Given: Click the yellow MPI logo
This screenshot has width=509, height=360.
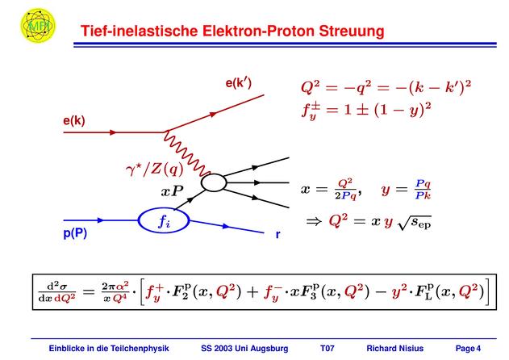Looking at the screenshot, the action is coord(38,25).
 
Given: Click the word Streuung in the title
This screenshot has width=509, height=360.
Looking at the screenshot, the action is coord(352,31).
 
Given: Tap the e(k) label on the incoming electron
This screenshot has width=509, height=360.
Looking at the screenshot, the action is coord(74,120).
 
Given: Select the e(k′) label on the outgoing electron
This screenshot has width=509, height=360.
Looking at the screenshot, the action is coord(239,83).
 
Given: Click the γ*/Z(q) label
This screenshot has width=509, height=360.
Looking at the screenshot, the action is coord(155,170).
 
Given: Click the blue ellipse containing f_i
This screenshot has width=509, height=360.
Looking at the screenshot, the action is coord(164,220).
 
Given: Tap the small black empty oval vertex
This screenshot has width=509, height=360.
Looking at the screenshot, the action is coord(214,182).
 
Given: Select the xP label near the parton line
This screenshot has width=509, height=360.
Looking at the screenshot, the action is coord(172,191).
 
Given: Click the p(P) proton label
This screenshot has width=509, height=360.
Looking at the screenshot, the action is coord(75,233).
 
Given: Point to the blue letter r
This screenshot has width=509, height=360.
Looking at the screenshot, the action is coord(277,234).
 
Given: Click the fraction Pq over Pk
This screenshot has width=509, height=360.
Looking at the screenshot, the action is coord(423,190).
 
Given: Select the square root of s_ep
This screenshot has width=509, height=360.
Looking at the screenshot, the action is coord(415,223).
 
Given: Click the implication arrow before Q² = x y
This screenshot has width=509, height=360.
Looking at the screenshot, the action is coord(314,222).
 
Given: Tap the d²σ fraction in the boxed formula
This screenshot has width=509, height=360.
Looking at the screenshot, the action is coord(57,292).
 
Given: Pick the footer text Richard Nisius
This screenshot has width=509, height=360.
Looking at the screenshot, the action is coord(395,349).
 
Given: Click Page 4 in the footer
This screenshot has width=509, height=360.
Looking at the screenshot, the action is coord(468,349).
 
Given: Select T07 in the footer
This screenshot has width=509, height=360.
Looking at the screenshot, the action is coord(328,349).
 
